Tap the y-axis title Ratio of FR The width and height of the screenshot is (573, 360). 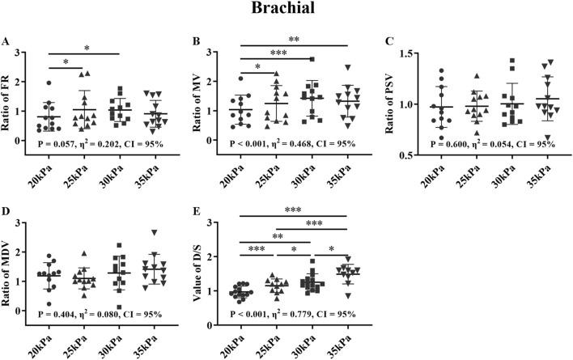click(11, 96)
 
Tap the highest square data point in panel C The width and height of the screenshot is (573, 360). click(513, 61)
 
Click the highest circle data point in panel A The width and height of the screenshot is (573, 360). click(49, 83)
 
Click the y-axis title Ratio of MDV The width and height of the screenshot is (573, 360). click(11, 273)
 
